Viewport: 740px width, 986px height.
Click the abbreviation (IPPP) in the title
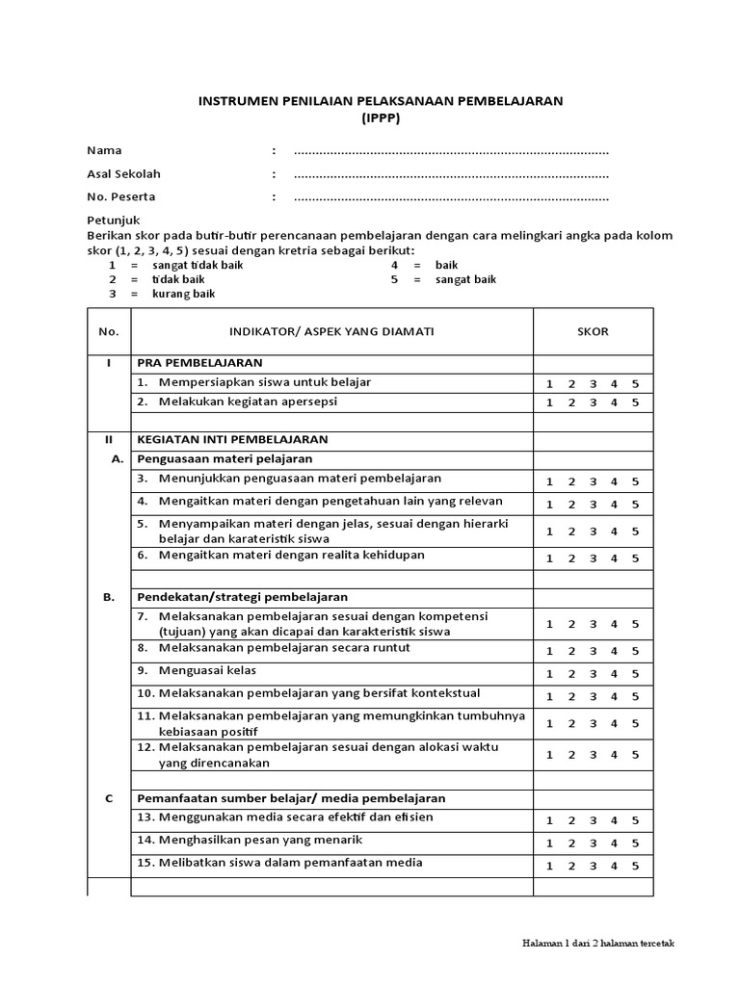pyautogui.click(x=381, y=118)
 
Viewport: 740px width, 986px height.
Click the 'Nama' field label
pyautogui.click(x=104, y=150)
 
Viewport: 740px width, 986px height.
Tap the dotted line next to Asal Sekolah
pyautogui.click(x=451, y=174)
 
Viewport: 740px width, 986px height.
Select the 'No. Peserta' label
pyautogui.click(x=121, y=196)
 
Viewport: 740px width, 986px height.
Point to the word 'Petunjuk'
pyautogui.click(x=114, y=221)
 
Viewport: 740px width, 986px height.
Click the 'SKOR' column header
pyautogui.click(x=593, y=331)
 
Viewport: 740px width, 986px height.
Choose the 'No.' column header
pyautogui.click(x=109, y=331)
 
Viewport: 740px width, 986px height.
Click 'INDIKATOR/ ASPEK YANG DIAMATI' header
pyautogui.click(x=331, y=331)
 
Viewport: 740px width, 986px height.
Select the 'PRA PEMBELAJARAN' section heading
pyautogui.click(x=199, y=363)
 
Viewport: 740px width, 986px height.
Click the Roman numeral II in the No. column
pyautogui.click(x=109, y=438)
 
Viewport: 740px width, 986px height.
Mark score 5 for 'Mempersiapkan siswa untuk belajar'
pyautogui.click(x=635, y=383)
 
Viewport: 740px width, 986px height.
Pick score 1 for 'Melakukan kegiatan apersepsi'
pyautogui.click(x=549, y=402)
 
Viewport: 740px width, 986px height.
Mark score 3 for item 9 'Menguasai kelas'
pyautogui.click(x=593, y=674)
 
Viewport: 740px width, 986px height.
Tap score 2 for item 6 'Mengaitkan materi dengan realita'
pyautogui.click(x=570, y=558)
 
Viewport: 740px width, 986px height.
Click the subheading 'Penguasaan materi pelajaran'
pyautogui.click(x=225, y=458)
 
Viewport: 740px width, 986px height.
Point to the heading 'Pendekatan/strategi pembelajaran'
pyautogui.click(x=243, y=597)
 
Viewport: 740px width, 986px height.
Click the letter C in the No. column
pyautogui.click(x=109, y=798)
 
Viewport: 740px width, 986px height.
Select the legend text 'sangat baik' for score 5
pyautogui.click(x=466, y=279)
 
